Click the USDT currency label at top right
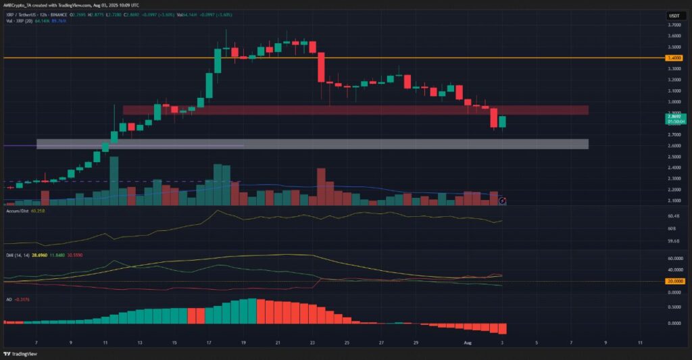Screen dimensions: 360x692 674,15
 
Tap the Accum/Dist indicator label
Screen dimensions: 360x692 16,211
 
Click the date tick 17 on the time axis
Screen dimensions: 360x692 209,342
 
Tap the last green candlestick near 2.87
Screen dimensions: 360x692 502,122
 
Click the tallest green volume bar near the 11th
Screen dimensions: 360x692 114,179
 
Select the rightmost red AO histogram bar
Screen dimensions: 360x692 502,328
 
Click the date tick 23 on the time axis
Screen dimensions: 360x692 312,342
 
